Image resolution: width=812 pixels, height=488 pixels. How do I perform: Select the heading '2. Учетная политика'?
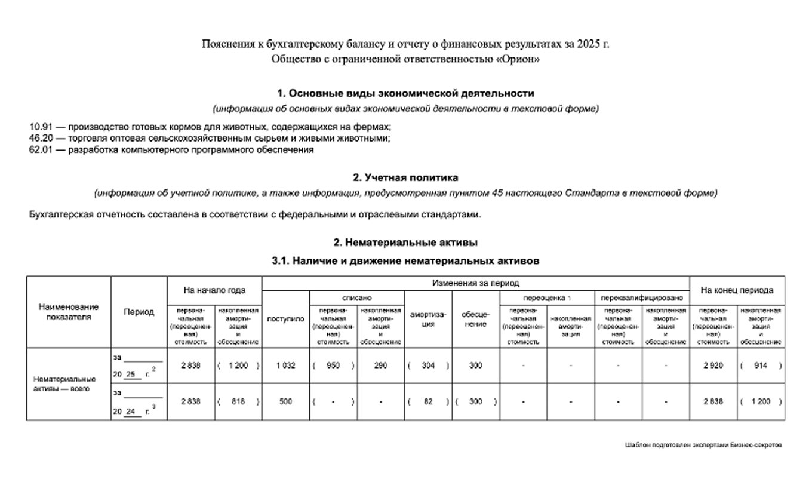pos(405,178)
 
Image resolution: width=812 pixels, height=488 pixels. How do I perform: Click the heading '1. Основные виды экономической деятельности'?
pos(405,93)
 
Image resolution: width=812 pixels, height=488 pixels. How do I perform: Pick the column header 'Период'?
pos(139,312)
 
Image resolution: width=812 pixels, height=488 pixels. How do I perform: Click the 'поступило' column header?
pos(285,319)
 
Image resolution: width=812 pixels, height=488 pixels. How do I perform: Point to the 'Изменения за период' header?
pos(475,283)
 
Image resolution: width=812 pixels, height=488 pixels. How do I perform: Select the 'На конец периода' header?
pos(737,290)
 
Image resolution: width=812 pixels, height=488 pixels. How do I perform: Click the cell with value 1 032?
pos(285,366)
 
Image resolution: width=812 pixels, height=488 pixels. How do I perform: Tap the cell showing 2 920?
pos(713,366)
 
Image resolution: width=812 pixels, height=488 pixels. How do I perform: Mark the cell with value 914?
pos(760,366)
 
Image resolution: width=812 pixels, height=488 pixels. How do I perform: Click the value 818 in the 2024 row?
pos(238,402)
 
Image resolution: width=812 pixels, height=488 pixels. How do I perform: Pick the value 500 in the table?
pos(285,402)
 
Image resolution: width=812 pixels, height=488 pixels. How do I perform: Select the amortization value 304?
pos(427,366)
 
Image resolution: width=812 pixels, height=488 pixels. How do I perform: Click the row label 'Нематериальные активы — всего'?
pos(64,383)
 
